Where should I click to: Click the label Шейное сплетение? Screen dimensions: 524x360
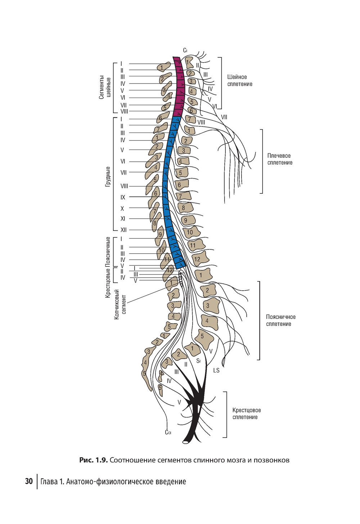[239, 81]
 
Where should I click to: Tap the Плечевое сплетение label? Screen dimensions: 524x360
[279, 159]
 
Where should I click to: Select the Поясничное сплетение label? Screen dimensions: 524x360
[280, 321]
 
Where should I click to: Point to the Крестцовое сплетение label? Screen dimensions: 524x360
[246, 414]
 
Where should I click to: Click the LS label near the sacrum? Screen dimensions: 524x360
[216, 370]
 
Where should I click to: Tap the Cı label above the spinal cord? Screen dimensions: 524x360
[185, 50]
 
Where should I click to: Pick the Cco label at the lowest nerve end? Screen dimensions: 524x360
[168, 432]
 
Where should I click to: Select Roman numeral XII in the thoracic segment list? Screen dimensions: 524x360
[123, 230]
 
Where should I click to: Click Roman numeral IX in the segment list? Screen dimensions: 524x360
[123, 197]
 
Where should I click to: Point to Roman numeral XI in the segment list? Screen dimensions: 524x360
[123, 219]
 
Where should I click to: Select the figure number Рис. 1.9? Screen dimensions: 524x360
[93, 460]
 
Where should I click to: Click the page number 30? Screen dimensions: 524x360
[29, 482]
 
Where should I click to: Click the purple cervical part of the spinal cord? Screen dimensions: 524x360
[179, 86]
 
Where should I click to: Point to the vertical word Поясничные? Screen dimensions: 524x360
[108, 251]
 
